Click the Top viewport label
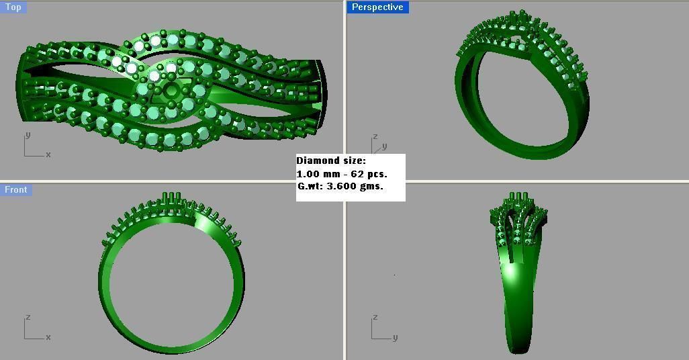point(13,7)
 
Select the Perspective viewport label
point(377,7)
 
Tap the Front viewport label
point(16,190)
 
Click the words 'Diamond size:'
point(331,161)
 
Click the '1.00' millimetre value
point(308,174)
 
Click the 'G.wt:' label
point(310,186)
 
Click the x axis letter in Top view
point(48,155)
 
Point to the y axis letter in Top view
point(28,135)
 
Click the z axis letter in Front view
point(28,317)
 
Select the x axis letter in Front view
point(48,337)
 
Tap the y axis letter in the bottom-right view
point(395,337)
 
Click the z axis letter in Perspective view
point(375,136)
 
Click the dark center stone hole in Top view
point(172,91)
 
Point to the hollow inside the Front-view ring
point(172,282)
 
